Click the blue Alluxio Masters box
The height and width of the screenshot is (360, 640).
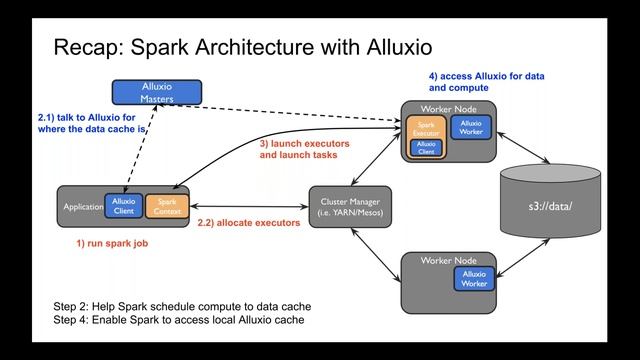tap(155, 92)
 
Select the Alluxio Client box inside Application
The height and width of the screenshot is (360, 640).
tap(125, 206)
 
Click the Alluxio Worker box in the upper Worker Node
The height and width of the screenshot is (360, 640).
tap(470, 128)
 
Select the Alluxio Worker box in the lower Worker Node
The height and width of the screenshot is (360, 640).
tap(474, 279)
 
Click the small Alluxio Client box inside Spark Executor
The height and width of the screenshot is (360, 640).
tap(426, 148)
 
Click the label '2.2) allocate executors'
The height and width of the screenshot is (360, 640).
tap(249, 222)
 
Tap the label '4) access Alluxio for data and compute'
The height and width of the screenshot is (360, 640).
tap(486, 81)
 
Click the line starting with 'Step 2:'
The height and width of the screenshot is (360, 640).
tap(182, 305)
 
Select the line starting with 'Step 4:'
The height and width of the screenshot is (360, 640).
tap(178, 320)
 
